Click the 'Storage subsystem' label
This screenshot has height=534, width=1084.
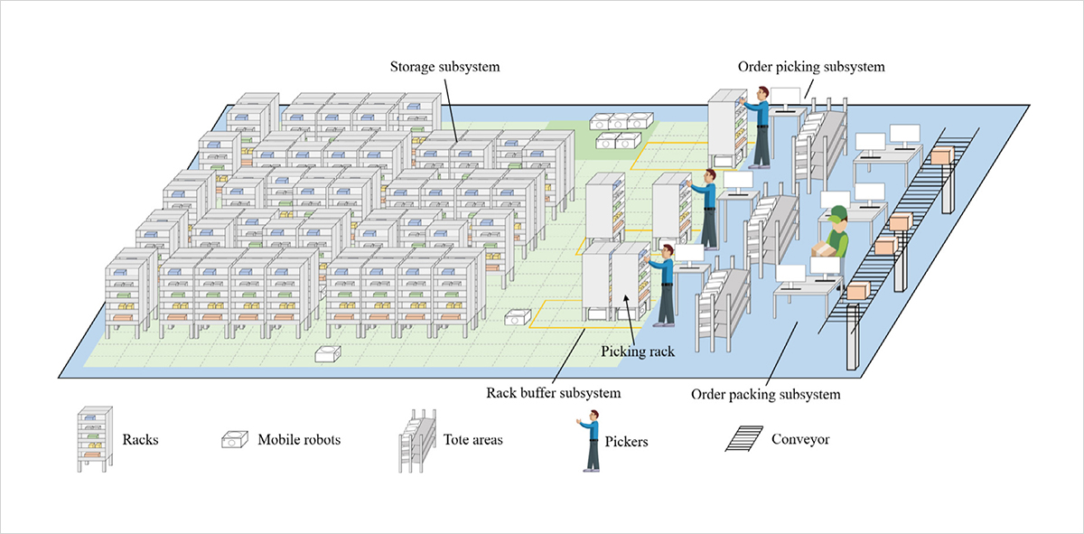444,68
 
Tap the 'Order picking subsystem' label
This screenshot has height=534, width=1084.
810,67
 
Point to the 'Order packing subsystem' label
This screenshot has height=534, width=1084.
765,395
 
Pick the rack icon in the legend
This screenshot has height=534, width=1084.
95,439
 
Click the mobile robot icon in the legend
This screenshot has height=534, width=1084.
235,440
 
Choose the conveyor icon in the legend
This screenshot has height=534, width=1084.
742,440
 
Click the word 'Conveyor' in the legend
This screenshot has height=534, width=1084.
800,440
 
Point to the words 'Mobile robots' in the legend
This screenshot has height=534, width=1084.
299,440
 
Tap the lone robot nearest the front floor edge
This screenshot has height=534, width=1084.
328,354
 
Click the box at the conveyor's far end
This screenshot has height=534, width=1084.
941,155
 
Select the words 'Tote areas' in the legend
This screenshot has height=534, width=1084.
472,440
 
